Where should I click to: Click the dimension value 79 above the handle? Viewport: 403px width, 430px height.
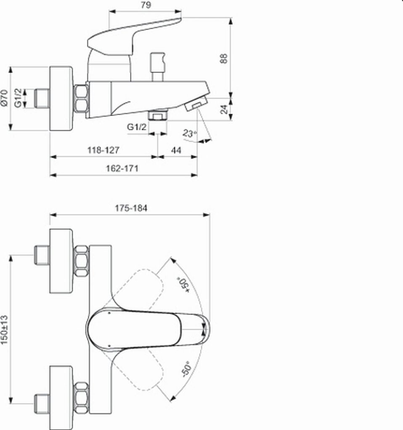point(146,5)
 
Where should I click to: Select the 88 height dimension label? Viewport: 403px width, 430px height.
point(224,58)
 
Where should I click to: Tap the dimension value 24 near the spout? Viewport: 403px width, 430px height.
point(224,109)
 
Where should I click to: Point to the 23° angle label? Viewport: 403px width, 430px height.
point(190,134)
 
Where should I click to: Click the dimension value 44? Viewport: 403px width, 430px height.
point(176,150)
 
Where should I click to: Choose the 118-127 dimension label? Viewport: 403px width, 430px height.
point(103,150)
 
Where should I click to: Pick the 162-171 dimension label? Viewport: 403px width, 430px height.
point(122,168)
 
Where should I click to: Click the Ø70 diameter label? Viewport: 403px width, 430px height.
point(4,97)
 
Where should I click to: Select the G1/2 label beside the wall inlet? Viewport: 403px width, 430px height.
point(18,98)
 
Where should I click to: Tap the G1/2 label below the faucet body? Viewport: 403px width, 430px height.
point(137,127)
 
